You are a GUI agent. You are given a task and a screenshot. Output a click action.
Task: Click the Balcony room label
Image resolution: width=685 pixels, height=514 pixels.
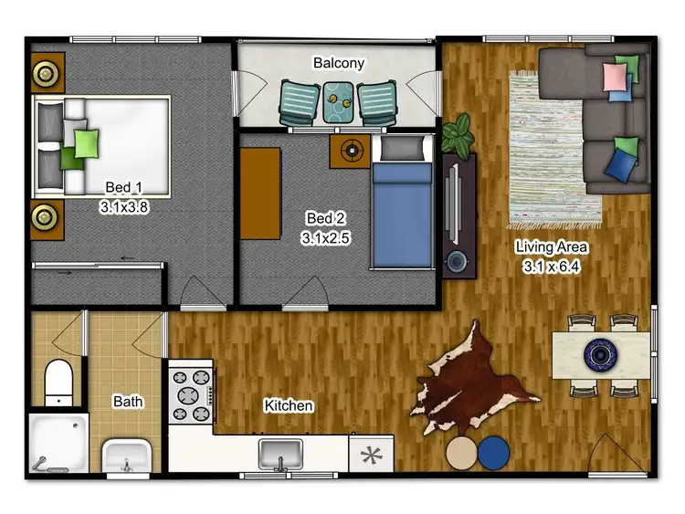click(x=339, y=64)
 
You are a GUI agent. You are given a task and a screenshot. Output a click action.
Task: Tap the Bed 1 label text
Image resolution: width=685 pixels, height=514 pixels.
click(x=124, y=188)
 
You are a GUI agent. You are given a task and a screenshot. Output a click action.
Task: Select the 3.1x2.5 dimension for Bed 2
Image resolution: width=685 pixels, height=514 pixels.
click(x=326, y=237)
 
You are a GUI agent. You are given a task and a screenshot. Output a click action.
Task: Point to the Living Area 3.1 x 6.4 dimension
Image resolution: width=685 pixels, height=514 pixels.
click(x=552, y=267)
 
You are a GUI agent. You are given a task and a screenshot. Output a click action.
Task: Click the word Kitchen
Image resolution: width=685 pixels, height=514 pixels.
click(x=289, y=405)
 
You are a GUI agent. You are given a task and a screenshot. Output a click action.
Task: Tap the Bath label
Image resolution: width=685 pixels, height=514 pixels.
click(x=128, y=401)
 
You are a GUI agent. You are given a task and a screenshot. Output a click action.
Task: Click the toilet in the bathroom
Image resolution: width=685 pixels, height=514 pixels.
click(x=58, y=381)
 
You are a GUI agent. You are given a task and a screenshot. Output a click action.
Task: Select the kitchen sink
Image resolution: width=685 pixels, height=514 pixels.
click(x=280, y=451)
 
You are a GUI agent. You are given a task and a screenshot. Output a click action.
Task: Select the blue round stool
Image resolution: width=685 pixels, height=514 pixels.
click(x=496, y=452)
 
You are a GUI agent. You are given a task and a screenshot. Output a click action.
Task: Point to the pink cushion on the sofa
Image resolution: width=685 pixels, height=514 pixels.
click(x=612, y=77)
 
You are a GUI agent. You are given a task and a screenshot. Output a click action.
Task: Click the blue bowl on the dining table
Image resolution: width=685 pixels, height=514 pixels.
click(x=602, y=351)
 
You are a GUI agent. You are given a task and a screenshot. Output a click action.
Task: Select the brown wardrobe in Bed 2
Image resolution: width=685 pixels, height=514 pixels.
click(x=260, y=194)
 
